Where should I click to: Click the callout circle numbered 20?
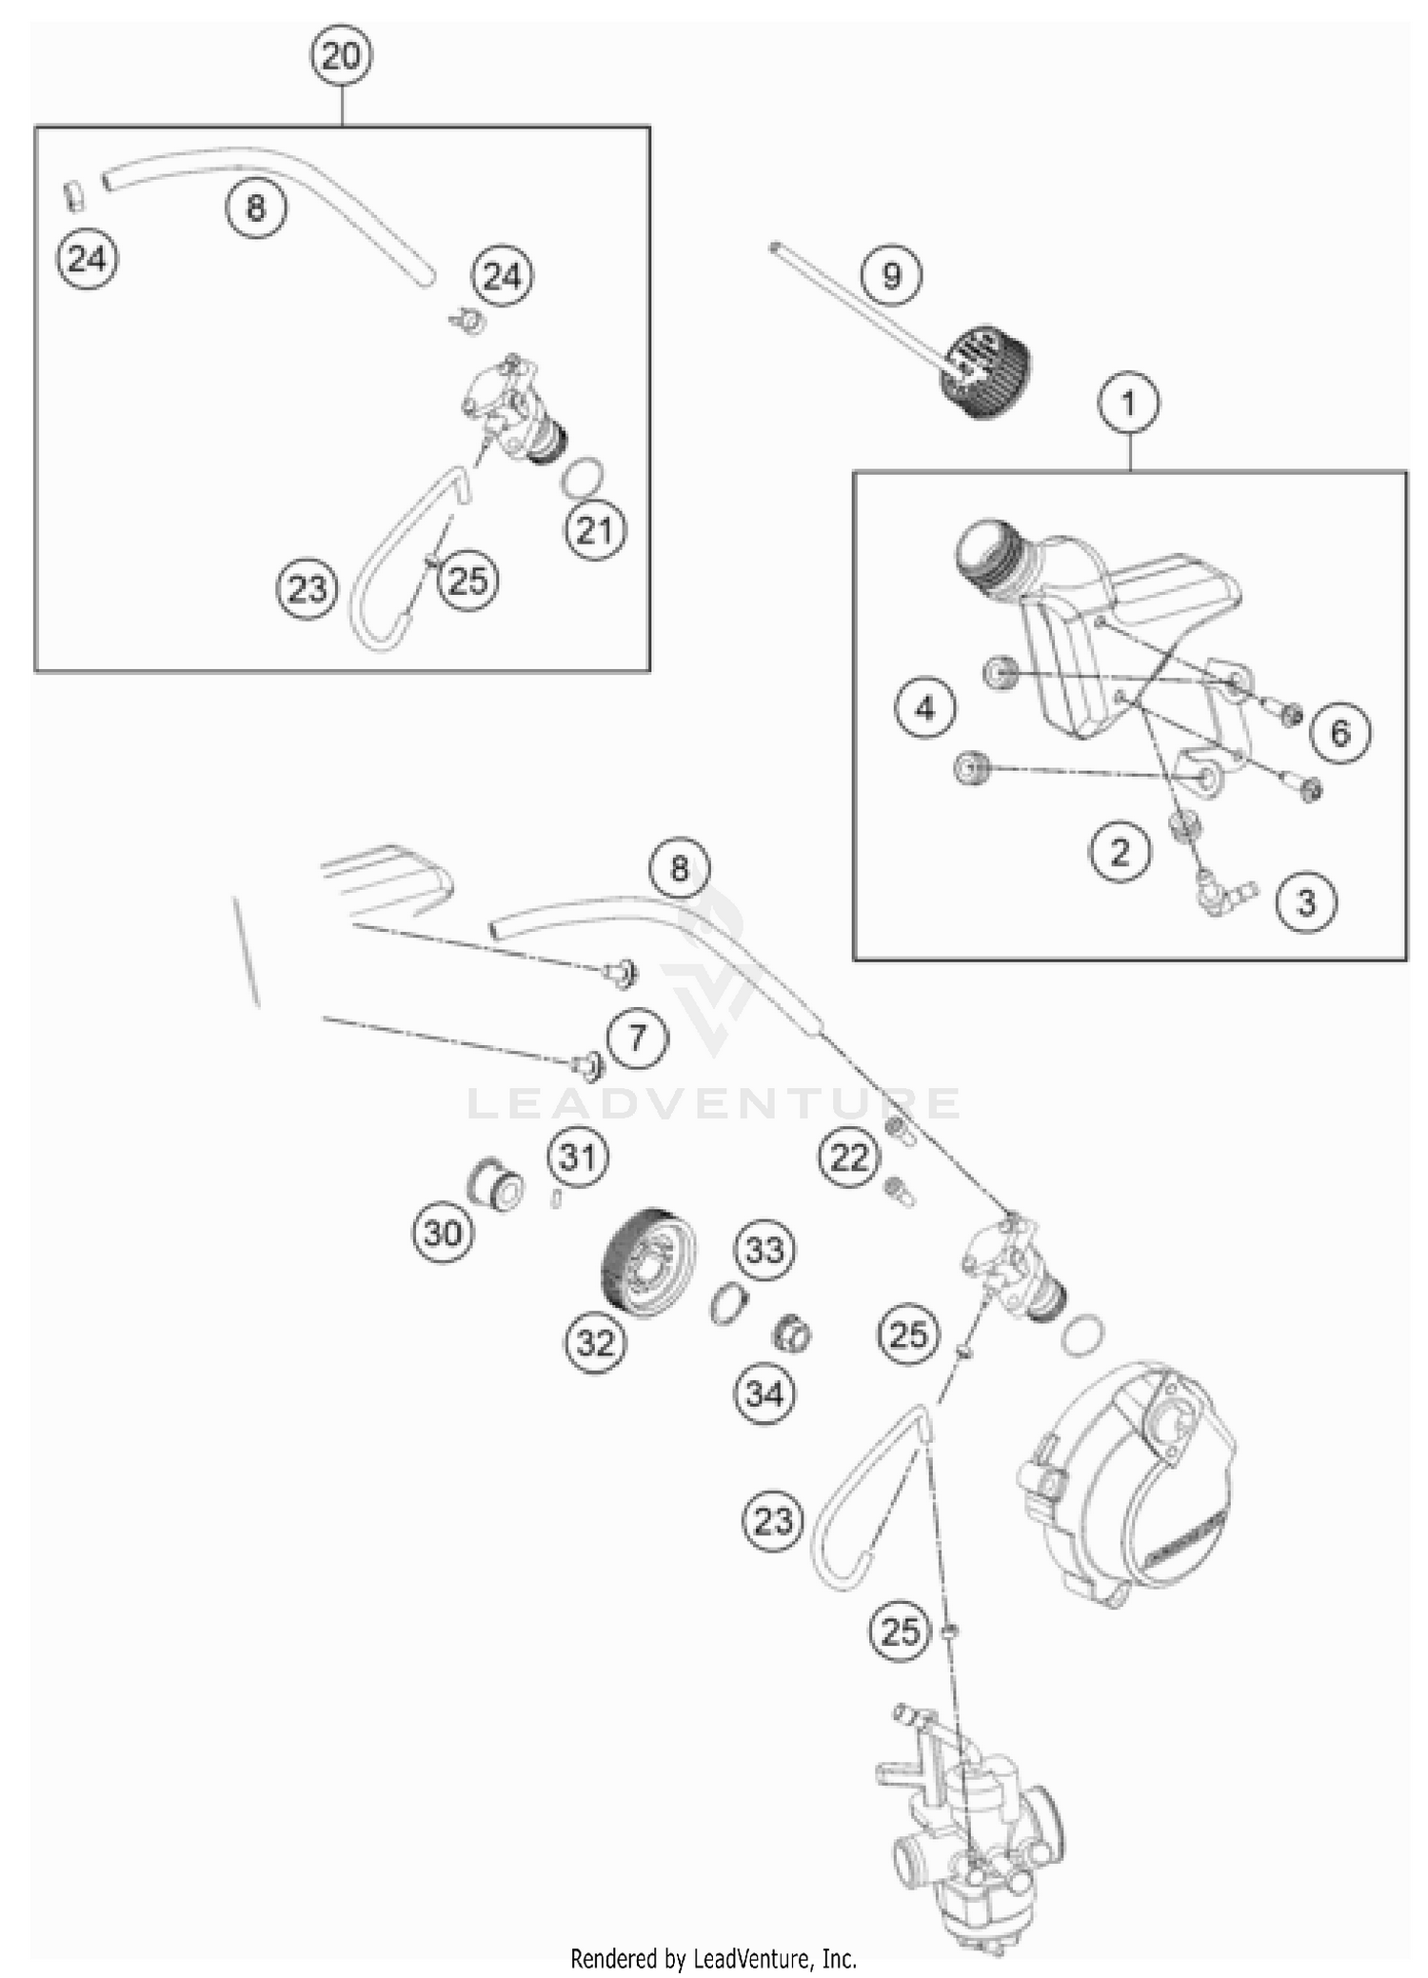(x=341, y=56)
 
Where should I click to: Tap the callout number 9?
(x=891, y=276)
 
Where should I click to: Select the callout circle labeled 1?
(x=1128, y=404)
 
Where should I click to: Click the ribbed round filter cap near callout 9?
(x=985, y=372)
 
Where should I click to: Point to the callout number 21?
(x=595, y=530)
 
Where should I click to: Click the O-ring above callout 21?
(x=582, y=477)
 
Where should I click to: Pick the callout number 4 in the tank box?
(x=925, y=708)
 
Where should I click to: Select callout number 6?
(x=1339, y=732)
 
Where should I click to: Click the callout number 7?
(x=637, y=1037)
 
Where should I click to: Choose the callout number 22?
(x=849, y=1158)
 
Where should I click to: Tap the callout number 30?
(x=443, y=1234)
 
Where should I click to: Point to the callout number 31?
(x=578, y=1157)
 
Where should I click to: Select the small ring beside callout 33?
(x=728, y=1303)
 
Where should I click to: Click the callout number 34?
(x=764, y=1394)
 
